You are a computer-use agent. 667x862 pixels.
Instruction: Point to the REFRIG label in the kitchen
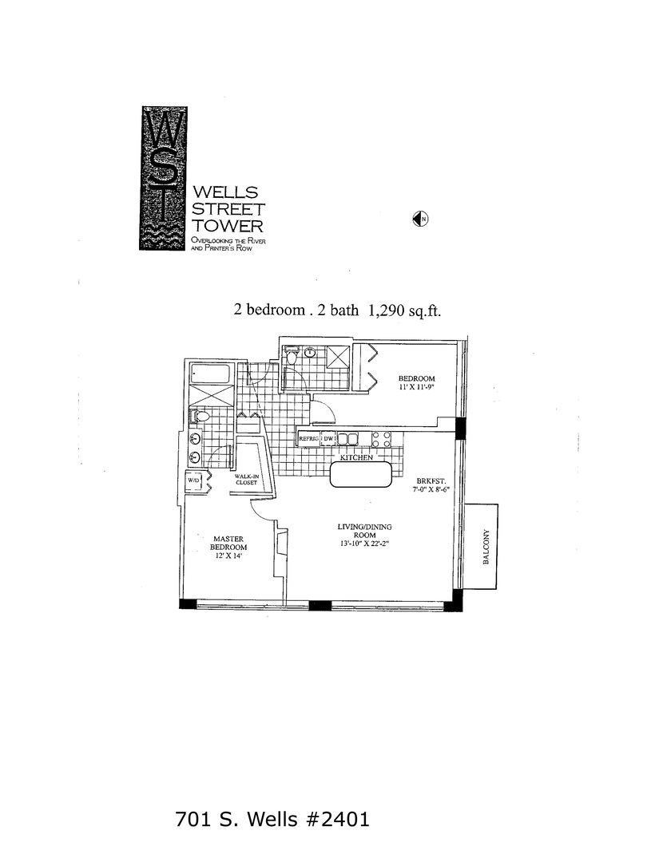pos(308,439)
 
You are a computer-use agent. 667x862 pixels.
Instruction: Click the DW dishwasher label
pos(328,439)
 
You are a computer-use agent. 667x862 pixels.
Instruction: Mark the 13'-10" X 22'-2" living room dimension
pos(363,544)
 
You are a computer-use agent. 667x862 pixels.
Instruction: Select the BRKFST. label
pos(430,481)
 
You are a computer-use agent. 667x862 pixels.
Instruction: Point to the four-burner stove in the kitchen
pos(381,439)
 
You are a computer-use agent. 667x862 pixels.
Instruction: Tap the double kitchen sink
pos(348,439)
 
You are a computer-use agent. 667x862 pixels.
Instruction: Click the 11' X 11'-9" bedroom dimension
pos(418,388)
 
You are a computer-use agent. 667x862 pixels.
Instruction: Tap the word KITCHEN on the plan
pos(358,458)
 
